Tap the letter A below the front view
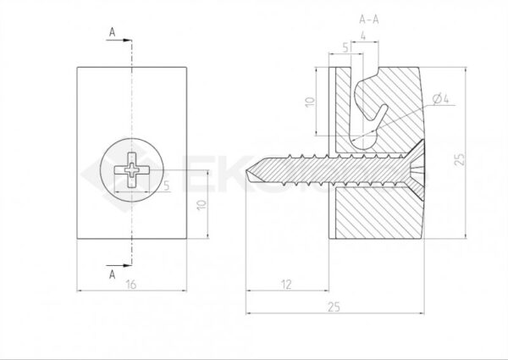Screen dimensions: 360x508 point(112,273)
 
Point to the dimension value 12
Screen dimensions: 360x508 point(289,285)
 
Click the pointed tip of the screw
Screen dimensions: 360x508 point(248,174)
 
